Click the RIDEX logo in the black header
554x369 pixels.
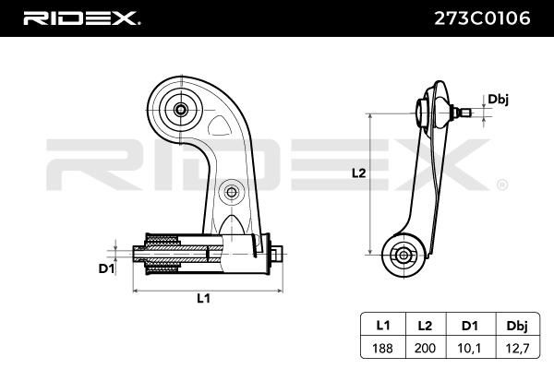(81, 18)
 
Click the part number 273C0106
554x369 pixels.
(482, 18)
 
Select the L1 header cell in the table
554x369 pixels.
(383, 325)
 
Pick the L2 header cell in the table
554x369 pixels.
(425, 325)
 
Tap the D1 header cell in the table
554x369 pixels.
(470, 325)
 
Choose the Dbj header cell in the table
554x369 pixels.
(517, 325)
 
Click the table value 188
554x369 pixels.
(382, 348)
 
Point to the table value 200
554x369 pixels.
(425, 348)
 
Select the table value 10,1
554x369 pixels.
(469, 348)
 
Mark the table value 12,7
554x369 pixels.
(518, 348)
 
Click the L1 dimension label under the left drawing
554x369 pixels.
(203, 299)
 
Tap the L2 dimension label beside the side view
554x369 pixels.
(359, 173)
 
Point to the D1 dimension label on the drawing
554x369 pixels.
(107, 269)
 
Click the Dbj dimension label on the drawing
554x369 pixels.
(499, 100)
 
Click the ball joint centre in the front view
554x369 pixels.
(181, 110)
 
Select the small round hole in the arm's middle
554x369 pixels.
(232, 193)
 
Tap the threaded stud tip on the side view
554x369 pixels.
(466, 113)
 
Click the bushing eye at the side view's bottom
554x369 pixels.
(403, 255)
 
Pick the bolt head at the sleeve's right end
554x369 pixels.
(277, 254)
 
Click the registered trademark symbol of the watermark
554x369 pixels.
(502, 184)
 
